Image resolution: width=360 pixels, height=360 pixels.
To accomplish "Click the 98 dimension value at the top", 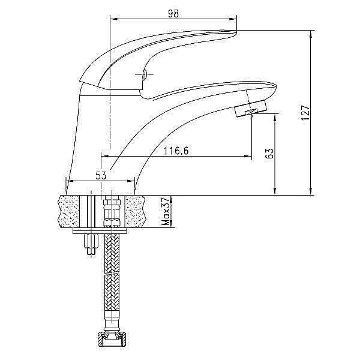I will [x=174, y=13].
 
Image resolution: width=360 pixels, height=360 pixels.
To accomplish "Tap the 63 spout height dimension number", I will [x=269, y=154].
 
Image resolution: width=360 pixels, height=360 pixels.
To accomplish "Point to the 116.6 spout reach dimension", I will [x=176, y=151].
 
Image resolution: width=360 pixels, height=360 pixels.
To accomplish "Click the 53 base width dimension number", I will [x=101, y=175].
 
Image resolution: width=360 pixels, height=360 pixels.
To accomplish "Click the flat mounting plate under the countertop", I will [x=101, y=231].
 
